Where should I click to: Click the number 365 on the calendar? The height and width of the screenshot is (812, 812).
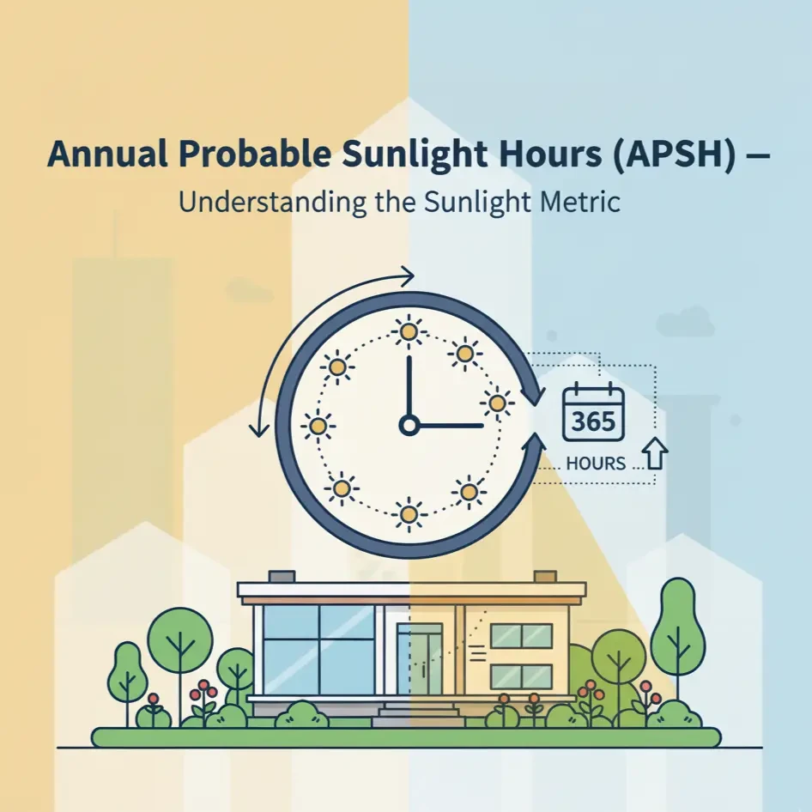point(591,422)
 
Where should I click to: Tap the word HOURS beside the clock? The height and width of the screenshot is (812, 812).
point(596,464)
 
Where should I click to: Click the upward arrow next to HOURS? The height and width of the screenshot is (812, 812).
point(655,454)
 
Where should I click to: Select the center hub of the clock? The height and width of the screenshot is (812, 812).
point(409,425)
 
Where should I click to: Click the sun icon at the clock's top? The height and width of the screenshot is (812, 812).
point(409,331)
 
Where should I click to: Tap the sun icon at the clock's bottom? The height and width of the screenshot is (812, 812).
point(409,514)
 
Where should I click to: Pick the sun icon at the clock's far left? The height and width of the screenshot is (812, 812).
point(318,425)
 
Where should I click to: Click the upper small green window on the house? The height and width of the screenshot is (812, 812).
point(521,636)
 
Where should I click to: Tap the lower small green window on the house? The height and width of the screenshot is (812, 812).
point(521,676)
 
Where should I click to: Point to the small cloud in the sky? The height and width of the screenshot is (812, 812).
point(685,324)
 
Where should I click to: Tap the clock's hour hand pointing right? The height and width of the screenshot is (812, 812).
point(451,425)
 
